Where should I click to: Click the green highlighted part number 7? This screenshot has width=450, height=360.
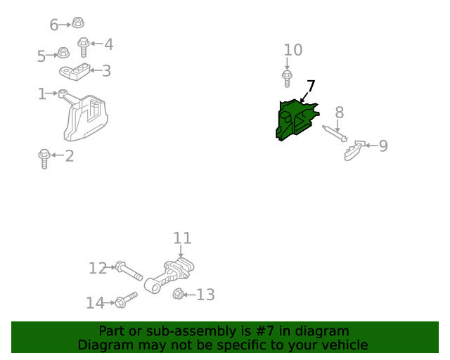coord(295,120)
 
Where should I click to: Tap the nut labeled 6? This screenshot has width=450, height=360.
coord(77,22)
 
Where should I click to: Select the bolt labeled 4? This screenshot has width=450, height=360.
coord(83,46)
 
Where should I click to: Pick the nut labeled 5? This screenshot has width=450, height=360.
coord(63,53)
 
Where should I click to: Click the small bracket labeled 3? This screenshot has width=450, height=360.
coord(75,72)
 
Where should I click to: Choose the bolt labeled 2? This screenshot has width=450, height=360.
coord(44,159)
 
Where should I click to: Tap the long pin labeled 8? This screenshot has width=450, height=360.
coord(335,134)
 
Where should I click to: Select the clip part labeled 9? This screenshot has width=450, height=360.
coord(354,150)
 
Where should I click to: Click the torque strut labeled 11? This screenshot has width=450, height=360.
coord(169,276)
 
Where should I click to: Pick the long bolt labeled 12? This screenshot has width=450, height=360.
coord(129,271)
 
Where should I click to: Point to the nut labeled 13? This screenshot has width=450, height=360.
coord(178,294)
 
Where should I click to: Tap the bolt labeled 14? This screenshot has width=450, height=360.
coord(126,300)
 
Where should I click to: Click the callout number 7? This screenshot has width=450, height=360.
coord(311,86)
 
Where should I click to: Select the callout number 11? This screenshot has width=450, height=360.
coord(182,238)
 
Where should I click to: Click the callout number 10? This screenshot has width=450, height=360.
coord(293,50)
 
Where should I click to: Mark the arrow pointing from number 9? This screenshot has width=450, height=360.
coord(371,146)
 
